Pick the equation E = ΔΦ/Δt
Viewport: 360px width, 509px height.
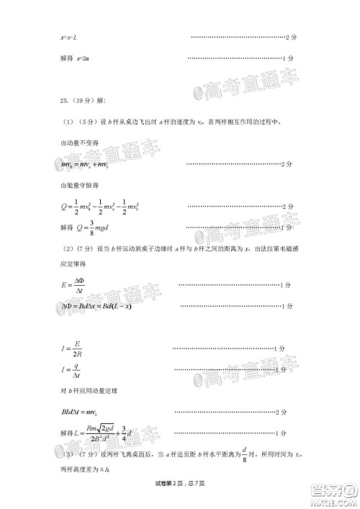point(73,286)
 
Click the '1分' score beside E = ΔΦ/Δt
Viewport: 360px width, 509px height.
point(286,286)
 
